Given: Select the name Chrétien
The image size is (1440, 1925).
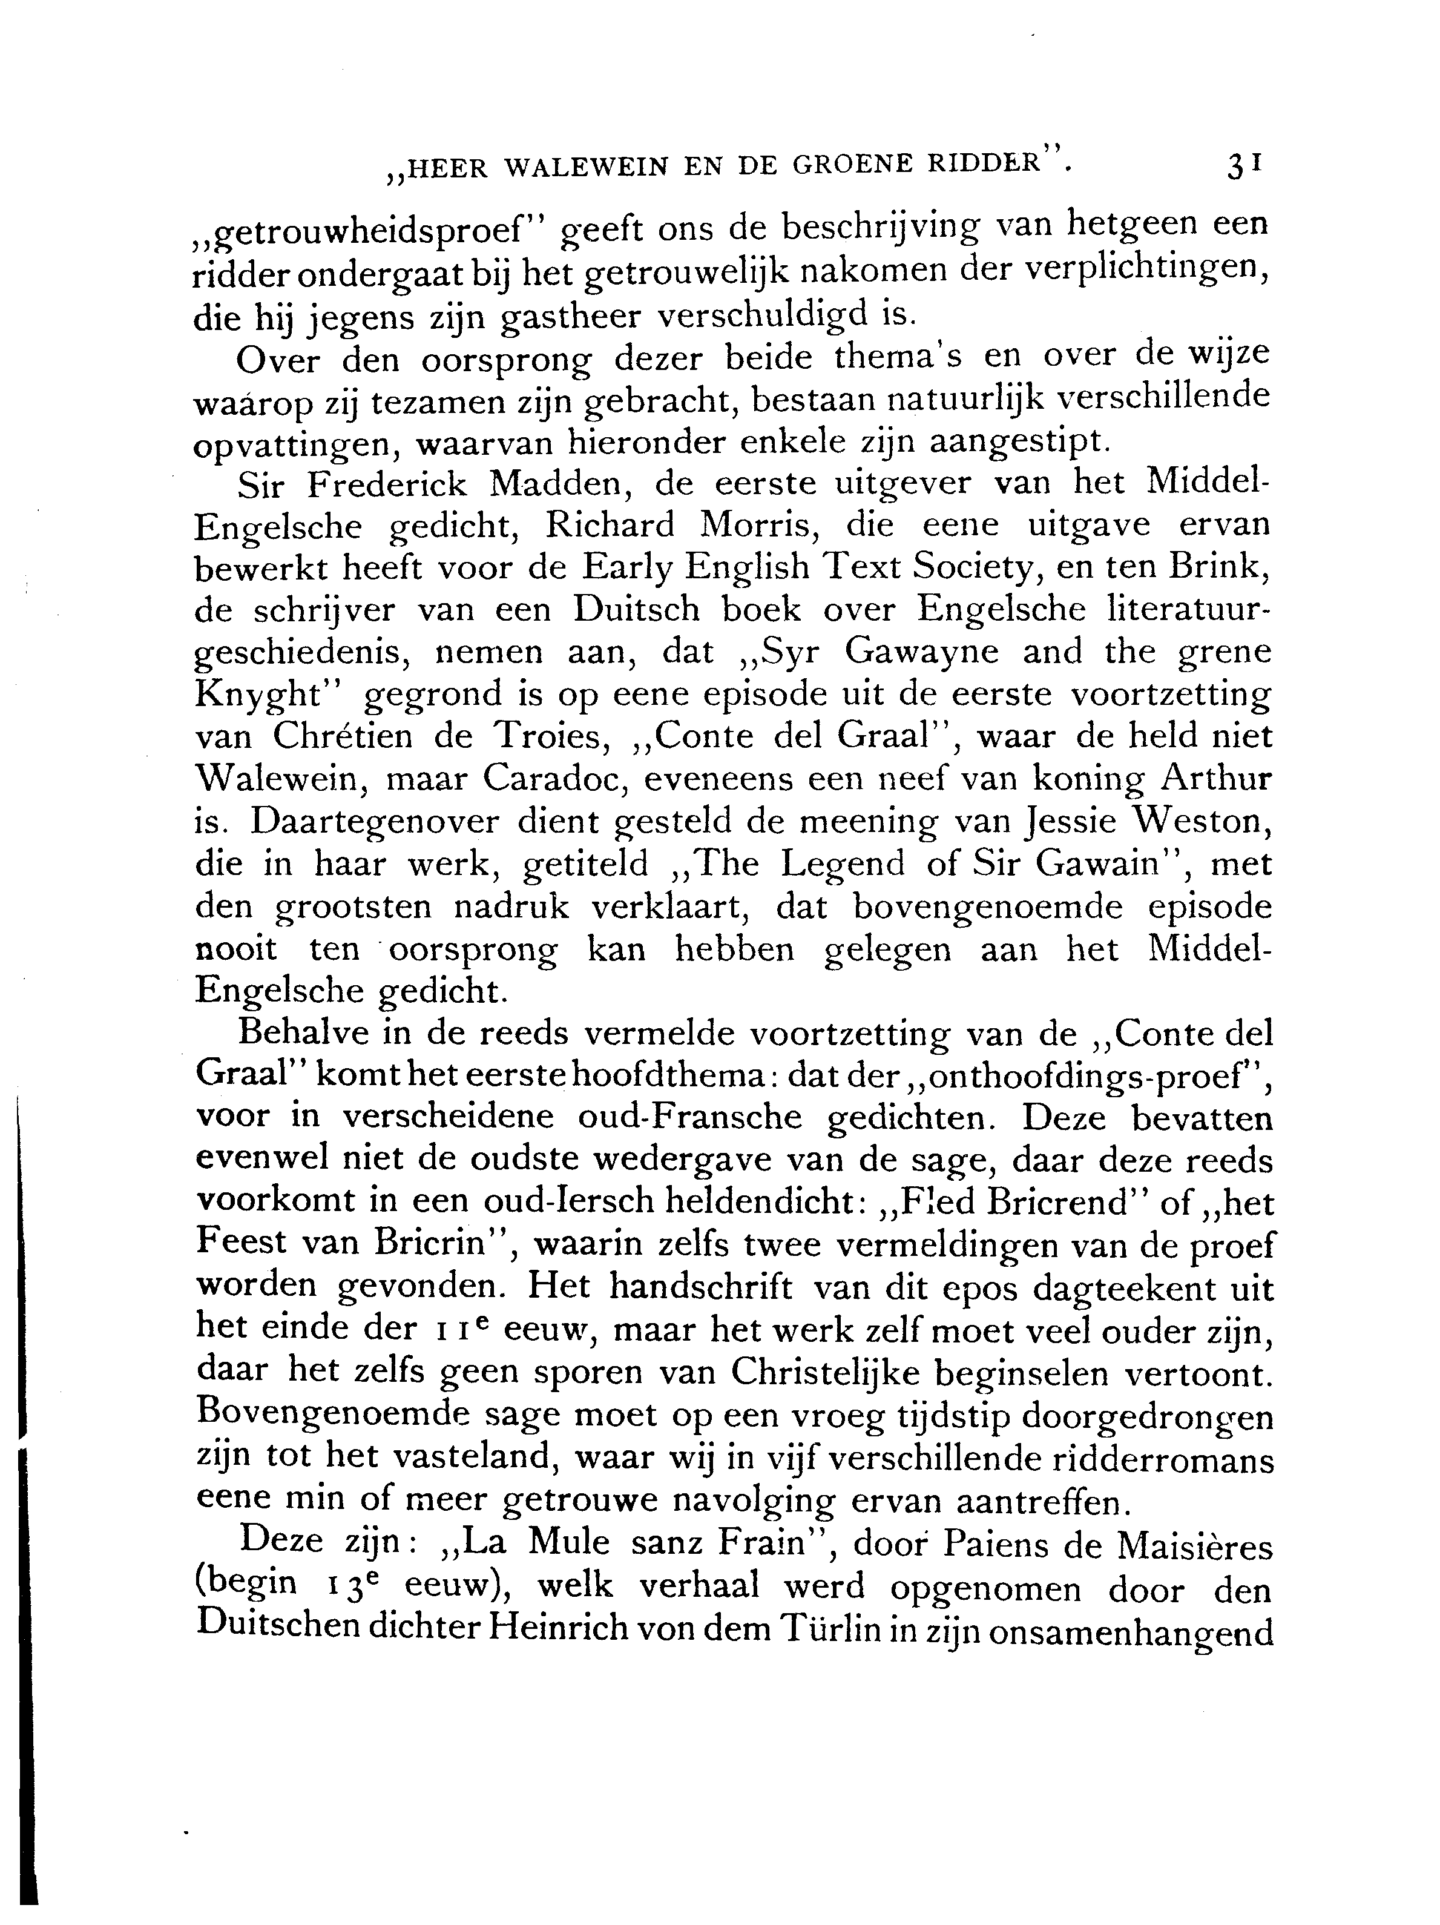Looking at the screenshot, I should tap(357, 737).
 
